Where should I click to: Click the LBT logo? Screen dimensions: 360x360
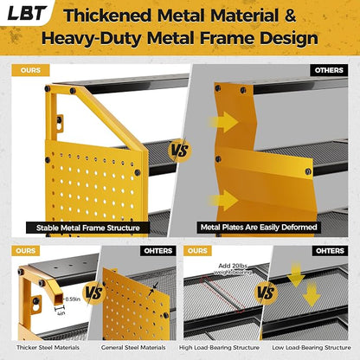click(x=27, y=13)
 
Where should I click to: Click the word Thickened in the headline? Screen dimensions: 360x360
click(x=107, y=16)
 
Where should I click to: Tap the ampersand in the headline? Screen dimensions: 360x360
click(x=290, y=16)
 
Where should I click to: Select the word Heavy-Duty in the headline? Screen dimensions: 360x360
click(x=92, y=39)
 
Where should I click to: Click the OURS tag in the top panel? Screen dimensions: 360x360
click(x=30, y=70)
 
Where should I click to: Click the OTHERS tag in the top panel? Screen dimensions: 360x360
click(x=329, y=70)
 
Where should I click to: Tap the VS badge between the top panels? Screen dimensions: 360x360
click(x=179, y=151)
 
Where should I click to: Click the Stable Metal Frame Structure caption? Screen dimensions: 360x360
click(x=88, y=228)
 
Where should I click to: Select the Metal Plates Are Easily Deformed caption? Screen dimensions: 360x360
click(x=259, y=228)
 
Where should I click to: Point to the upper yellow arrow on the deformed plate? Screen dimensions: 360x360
click(x=224, y=122)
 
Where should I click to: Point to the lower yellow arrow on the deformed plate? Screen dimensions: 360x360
click(x=224, y=200)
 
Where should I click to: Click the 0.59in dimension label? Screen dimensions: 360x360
click(x=73, y=299)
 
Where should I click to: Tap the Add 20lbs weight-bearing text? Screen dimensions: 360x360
click(x=233, y=269)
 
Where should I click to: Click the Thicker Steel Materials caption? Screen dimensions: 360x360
click(x=48, y=348)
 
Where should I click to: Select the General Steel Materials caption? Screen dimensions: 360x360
click(x=133, y=348)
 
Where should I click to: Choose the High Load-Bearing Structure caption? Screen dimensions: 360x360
click(x=219, y=348)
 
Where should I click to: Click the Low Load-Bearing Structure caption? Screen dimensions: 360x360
click(x=312, y=348)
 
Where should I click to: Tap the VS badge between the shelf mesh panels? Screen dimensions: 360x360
click(x=266, y=292)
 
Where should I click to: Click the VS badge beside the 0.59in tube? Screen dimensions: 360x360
click(x=94, y=292)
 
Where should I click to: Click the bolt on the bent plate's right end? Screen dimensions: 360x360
click(x=308, y=171)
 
